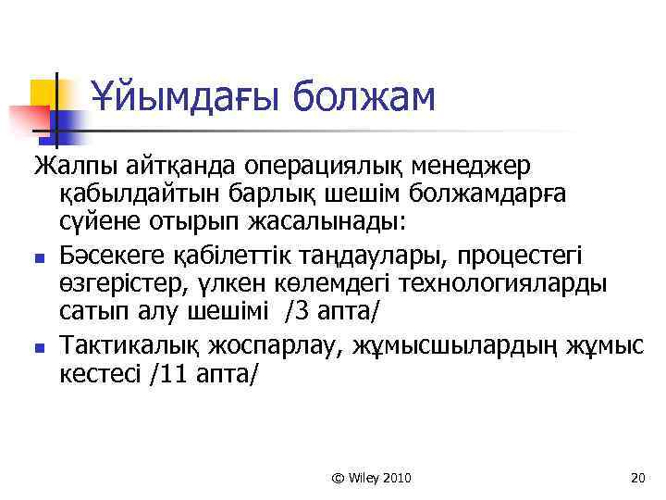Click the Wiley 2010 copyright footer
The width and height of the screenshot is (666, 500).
371,478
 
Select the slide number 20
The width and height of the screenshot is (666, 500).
635,478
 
